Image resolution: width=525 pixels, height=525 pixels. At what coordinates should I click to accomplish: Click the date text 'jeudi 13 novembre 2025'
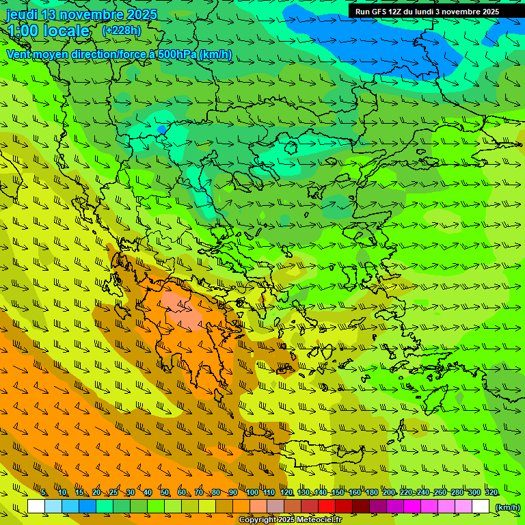(81, 14)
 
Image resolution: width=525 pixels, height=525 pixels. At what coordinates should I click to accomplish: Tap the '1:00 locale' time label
(48, 31)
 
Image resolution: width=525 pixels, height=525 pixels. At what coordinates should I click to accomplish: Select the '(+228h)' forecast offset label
(121, 30)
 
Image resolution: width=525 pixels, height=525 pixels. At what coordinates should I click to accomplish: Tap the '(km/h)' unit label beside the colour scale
(507, 507)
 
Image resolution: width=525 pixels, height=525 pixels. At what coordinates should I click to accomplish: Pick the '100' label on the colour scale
(252, 493)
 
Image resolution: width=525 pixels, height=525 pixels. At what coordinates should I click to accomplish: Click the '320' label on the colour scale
(491, 493)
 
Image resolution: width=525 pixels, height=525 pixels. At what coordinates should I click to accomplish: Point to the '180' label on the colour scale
(371, 493)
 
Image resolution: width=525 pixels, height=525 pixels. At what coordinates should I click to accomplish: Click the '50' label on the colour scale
(165, 493)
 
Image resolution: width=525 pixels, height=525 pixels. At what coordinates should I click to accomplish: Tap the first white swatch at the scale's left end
(36, 507)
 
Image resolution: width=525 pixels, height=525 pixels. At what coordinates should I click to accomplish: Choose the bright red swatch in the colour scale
(327, 507)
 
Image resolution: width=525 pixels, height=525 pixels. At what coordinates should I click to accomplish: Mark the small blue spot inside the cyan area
(162, 129)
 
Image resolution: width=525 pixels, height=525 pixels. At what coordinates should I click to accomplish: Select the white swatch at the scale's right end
(481, 507)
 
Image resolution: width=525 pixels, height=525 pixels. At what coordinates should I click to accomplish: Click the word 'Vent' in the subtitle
(20, 54)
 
